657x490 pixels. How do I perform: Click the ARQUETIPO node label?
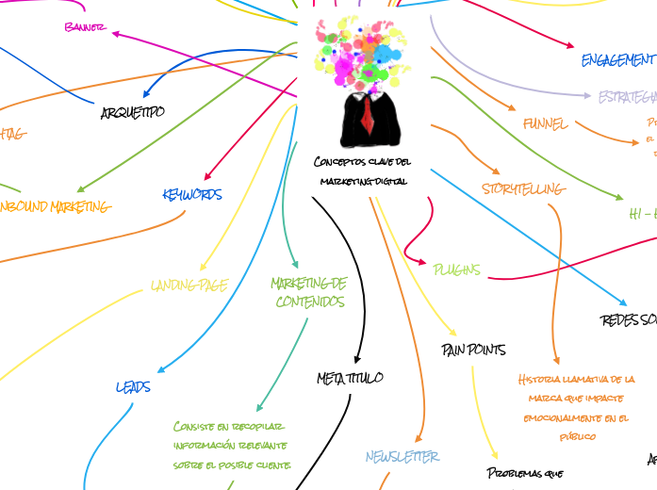point(132,112)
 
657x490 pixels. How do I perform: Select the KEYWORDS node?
point(192,195)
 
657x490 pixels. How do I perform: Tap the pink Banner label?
point(85,27)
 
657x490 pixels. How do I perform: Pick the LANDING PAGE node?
point(189,286)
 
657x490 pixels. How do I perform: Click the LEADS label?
point(133,386)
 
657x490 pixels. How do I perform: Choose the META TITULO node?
point(350,378)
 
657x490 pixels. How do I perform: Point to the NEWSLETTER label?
point(402,456)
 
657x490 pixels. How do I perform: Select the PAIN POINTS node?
point(473,350)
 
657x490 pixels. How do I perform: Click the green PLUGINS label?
point(456,269)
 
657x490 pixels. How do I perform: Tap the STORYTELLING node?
point(523,189)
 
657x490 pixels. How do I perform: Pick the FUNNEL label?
point(546,123)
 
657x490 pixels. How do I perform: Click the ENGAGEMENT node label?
point(617,60)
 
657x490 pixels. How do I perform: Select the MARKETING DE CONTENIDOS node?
point(309,292)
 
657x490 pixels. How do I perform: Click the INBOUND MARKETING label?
point(55,206)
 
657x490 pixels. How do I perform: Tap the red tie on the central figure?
point(366,117)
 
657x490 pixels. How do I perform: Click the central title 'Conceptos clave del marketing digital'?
point(363,171)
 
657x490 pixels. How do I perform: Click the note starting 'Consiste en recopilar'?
point(232,446)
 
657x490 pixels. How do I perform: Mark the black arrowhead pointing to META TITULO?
point(356,358)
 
